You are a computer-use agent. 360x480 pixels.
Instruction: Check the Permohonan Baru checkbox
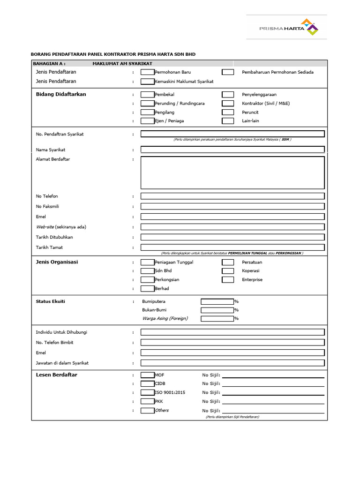[x=147, y=72]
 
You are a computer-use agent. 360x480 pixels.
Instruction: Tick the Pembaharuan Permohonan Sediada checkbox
[x=228, y=72]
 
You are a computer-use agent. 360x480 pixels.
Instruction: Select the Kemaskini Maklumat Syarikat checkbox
[x=147, y=82]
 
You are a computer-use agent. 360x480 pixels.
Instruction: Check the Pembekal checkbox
[x=147, y=94]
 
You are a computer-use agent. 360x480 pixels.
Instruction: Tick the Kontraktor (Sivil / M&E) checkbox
[x=228, y=103]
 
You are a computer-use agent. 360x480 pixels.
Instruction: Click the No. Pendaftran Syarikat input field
[x=232, y=134]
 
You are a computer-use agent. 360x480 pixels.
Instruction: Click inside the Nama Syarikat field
[x=232, y=150]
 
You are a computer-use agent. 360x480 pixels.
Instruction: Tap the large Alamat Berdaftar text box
[x=232, y=172]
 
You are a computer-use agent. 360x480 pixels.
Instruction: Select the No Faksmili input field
[x=232, y=206]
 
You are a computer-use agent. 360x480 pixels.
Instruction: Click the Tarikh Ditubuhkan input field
[x=232, y=237]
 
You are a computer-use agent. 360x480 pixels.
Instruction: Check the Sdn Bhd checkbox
[x=147, y=271]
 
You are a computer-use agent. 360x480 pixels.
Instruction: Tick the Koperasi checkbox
[x=228, y=271]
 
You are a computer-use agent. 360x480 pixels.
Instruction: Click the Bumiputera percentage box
[x=217, y=301]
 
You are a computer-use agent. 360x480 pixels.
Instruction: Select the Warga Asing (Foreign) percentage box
[x=217, y=319]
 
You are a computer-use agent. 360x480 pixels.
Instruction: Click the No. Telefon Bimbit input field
[x=232, y=343]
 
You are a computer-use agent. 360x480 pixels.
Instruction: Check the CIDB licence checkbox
[x=147, y=383]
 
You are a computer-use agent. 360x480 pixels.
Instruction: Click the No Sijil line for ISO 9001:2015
[x=273, y=392]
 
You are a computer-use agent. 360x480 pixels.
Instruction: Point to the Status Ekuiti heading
[x=51, y=301]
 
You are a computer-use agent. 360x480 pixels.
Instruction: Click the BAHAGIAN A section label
[x=49, y=63]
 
